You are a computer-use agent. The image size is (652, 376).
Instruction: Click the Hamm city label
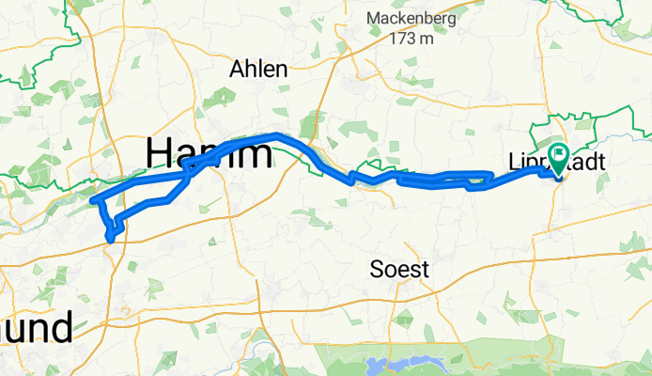(208, 152)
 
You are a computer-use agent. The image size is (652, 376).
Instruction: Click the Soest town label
(400, 271)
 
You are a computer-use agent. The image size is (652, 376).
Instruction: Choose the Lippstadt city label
(565, 163)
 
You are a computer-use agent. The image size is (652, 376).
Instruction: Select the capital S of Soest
(378, 271)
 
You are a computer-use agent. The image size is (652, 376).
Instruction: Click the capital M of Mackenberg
(374, 19)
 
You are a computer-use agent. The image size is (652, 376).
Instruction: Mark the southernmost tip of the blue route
(111, 239)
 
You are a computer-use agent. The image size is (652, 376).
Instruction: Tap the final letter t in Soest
(425, 271)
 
